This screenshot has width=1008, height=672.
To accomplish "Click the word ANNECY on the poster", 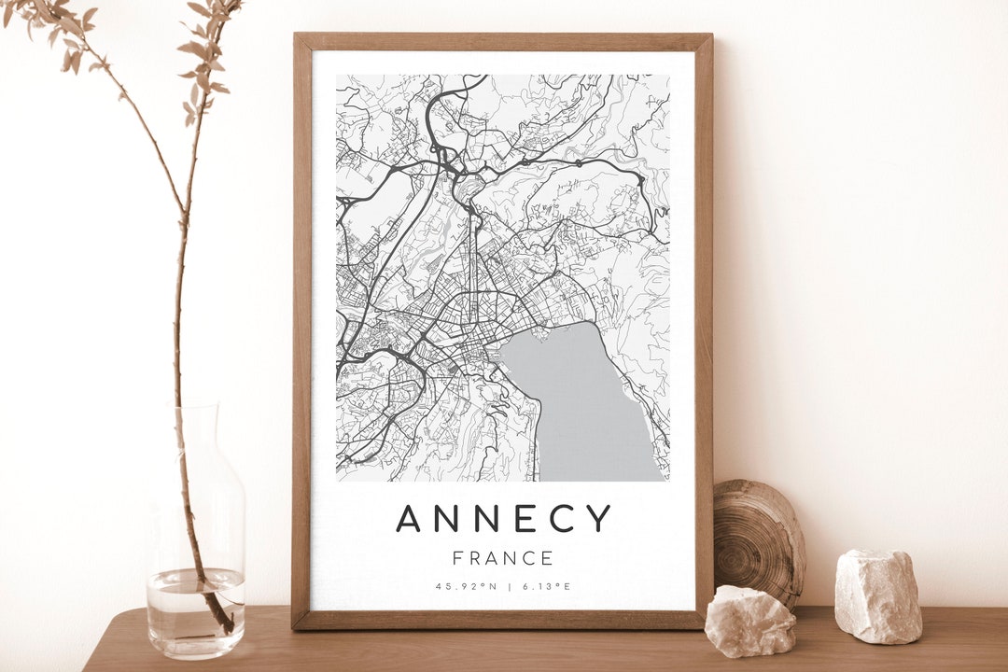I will click(503, 518).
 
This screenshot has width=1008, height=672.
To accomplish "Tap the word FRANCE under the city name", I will click(503, 559).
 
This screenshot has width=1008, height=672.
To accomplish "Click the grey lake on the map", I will click(588, 411).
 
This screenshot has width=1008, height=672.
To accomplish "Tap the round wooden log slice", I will click(758, 541).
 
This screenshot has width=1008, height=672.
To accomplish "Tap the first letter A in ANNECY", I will click(408, 518).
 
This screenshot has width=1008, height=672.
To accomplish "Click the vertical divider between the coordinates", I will click(509, 586).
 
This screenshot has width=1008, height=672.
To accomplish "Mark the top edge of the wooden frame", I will click(503, 41).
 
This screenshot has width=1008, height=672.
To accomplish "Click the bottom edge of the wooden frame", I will click(503, 620).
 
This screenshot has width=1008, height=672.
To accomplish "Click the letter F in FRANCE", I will click(458, 559).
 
